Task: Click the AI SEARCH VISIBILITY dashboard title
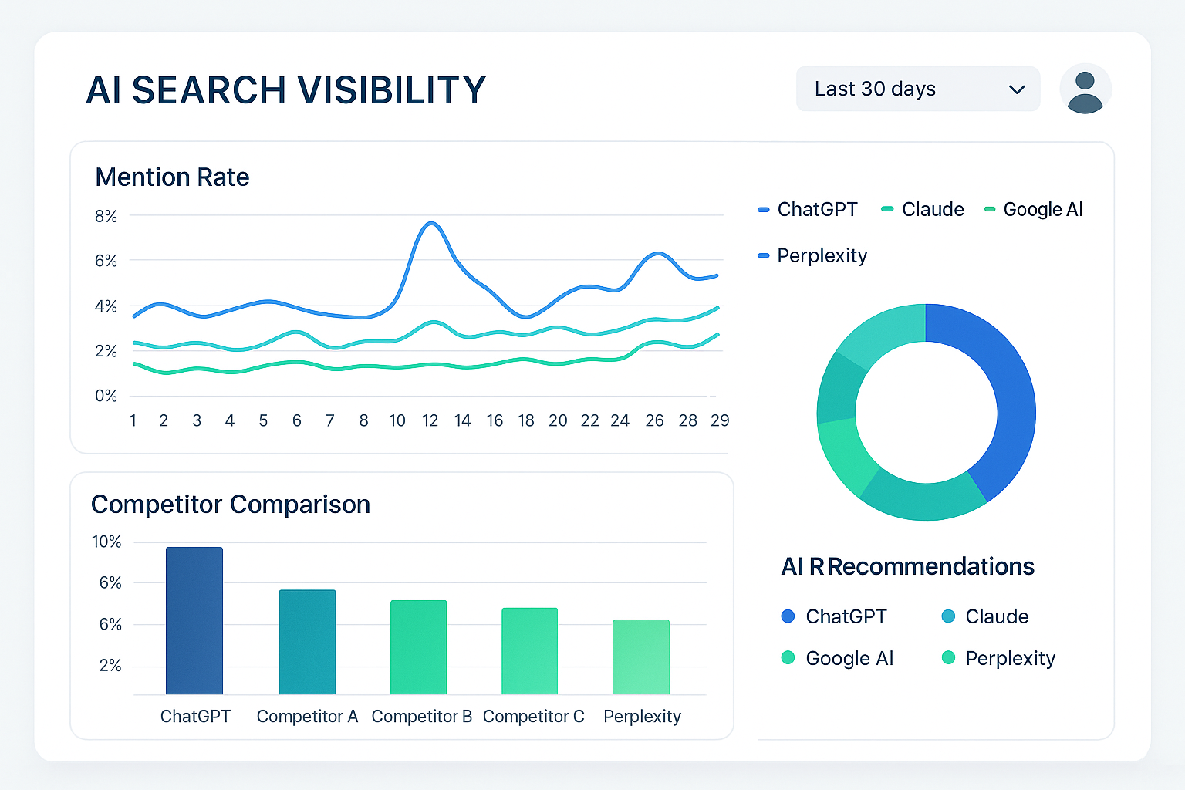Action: pyautogui.click(x=285, y=90)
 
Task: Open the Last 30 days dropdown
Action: pyautogui.click(x=917, y=89)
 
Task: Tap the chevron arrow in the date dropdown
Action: pyautogui.click(x=1017, y=89)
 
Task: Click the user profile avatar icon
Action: pyautogui.click(x=1085, y=89)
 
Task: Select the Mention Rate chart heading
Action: pyautogui.click(x=172, y=177)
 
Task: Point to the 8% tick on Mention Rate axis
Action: pyautogui.click(x=106, y=217)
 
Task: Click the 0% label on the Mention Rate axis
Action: pyautogui.click(x=106, y=396)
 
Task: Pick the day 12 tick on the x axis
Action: pyautogui.click(x=430, y=420)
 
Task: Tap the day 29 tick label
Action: pyautogui.click(x=719, y=420)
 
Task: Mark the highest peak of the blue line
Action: pyautogui.click(x=431, y=223)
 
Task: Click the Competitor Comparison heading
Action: pyautogui.click(x=231, y=505)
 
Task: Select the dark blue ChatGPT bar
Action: pyautogui.click(x=194, y=621)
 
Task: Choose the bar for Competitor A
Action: pyautogui.click(x=307, y=642)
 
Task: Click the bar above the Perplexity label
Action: pyautogui.click(x=641, y=657)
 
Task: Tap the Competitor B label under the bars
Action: pyautogui.click(x=421, y=717)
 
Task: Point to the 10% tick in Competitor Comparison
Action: pyautogui.click(x=106, y=542)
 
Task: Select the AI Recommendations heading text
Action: pyautogui.click(x=907, y=567)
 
